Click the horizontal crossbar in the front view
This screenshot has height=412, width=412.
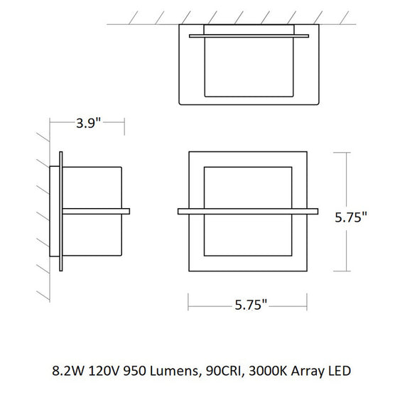[x=248, y=211]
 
